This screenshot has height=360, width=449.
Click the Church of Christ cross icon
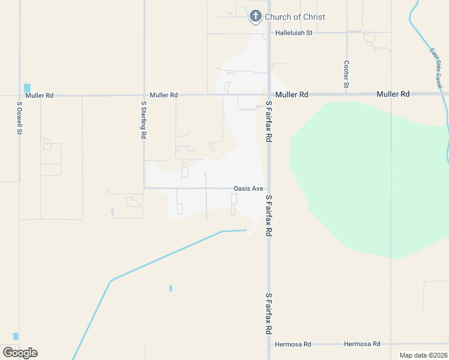coord(255,16)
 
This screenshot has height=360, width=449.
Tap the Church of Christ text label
coord(295,17)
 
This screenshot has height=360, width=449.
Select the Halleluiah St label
coord(294,33)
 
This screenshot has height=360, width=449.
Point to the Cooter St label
coord(346,74)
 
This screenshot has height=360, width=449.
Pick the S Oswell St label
coord(20,118)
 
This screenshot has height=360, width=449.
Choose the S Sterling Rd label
coord(144,119)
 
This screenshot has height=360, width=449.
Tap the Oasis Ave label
coord(248,188)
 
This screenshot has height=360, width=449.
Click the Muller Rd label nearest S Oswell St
coord(39,95)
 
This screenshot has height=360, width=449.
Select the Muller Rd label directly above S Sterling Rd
coord(164,95)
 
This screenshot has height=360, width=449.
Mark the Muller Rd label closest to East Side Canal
coord(393,94)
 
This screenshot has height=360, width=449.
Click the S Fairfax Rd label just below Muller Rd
coord(269,121)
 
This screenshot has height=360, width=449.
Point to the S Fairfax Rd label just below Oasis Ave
coord(269,215)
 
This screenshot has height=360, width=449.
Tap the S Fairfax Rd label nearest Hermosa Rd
coord(269,314)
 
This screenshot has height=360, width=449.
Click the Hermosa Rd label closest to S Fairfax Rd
coord(293,344)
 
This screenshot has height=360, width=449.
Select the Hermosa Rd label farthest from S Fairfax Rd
coord(362,344)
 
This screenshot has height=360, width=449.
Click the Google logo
coord(20,353)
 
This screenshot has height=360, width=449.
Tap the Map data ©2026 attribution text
coord(423,355)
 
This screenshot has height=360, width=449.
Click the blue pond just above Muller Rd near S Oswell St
coord(26,88)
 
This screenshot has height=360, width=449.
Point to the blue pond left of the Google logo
coord(16,336)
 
